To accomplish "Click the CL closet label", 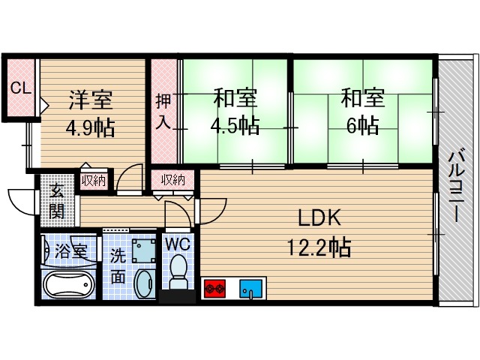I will click(x=20, y=88).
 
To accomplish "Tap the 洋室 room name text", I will click(x=91, y=100).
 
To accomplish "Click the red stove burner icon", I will click(x=215, y=287).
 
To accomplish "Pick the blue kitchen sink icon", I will click(x=250, y=287).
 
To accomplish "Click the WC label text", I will click(x=178, y=244).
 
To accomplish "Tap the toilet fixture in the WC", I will click(x=178, y=274).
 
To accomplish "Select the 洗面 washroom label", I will click(x=119, y=265).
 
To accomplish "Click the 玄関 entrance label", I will click(x=57, y=200).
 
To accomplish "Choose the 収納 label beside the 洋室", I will click(x=94, y=181).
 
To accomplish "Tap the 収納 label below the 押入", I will click(x=172, y=181).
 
